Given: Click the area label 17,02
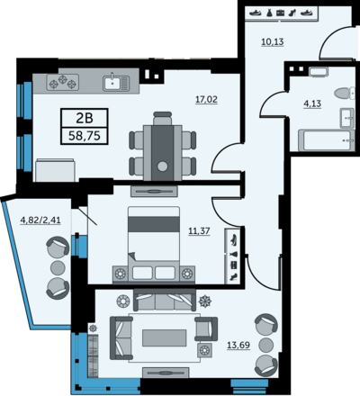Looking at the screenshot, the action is point(206,99).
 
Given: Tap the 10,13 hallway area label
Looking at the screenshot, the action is point(273,41).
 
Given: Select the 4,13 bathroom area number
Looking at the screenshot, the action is point(312,103).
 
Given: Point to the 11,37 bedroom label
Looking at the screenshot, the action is point(199,231).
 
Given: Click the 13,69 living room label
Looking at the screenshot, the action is point(238,346).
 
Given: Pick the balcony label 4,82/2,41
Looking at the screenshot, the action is point(40,220).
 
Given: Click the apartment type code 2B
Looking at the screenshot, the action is point(85,119).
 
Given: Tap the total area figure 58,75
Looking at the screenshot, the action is point(85,136).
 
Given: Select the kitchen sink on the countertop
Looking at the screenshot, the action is point(116,83).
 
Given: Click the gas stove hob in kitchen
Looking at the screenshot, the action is point(63,82).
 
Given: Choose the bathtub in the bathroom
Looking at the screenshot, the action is point(327,140).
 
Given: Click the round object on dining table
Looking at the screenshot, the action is point(162,166).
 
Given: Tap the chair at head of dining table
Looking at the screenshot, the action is point(162,118).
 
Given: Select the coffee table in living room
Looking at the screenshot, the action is point(164,337).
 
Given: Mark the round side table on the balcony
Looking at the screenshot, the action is point(58,267).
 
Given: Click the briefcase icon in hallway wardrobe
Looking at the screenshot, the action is point(281,13).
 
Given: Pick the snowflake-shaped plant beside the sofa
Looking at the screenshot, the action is point(205,301).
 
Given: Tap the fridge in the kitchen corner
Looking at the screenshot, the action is point(55,170).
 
